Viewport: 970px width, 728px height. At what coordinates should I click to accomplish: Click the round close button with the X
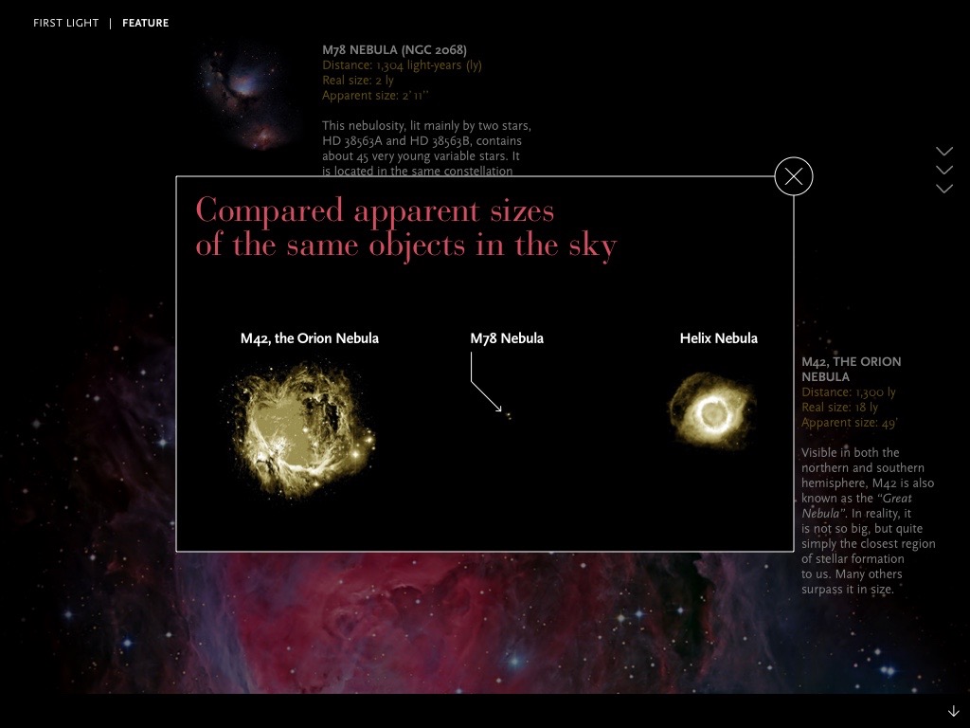coord(794,176)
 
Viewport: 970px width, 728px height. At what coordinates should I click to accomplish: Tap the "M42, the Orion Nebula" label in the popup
coord(309,338)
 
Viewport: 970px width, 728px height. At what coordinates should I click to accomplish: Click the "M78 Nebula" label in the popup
coord(507,338)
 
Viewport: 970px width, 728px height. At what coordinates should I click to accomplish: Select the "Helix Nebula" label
coord(718,338)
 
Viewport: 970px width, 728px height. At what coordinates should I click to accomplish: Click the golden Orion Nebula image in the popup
coord(301,431)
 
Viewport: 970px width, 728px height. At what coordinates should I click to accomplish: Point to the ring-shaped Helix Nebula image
coord(711,412)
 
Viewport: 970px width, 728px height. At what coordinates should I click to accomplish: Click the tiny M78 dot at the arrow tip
coord(508,415)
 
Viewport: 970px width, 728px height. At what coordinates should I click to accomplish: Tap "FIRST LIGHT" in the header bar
coord(65,23)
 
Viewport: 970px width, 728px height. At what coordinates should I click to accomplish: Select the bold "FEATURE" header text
coord(146,23)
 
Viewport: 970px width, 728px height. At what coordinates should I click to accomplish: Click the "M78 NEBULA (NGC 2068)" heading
coord(394,50)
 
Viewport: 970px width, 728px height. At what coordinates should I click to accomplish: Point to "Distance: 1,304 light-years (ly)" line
coord(402,65)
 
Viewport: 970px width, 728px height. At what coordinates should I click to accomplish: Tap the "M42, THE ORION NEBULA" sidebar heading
coord(851,369)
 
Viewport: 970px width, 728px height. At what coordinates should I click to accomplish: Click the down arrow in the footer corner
coord(953,712)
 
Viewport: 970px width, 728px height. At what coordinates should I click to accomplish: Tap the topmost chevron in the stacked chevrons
coord(943,152)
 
